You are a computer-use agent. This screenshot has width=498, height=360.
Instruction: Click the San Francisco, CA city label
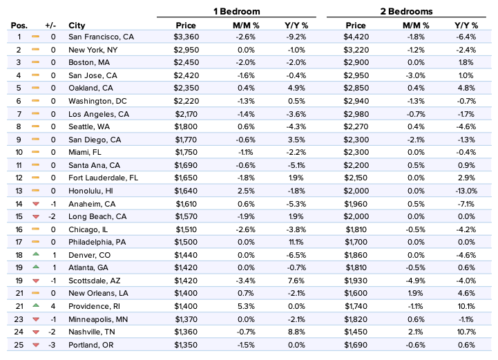click(98, 37)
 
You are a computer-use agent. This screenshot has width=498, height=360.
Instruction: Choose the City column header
click(77, 26)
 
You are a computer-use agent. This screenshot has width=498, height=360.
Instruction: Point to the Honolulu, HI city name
click(90, 191)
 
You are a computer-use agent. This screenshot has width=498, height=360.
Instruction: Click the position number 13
click(19, 191)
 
